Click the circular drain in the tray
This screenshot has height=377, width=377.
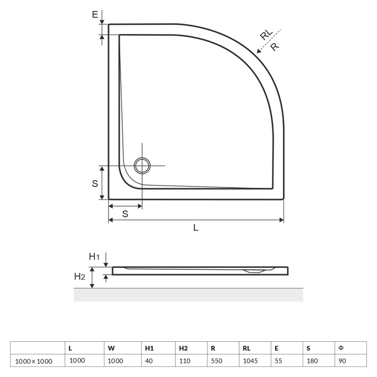(x=142, y=166)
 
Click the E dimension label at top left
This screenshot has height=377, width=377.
(x=95, y=15)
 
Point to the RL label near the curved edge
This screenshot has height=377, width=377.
(x=266, y=34)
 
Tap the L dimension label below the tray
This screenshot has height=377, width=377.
(x=196, y=227)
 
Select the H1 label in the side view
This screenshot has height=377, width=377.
(x=94, y=257)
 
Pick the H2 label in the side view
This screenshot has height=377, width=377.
(x=79, y=276)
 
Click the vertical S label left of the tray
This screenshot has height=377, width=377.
(x=95, y=183)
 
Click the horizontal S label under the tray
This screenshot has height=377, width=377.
(x=125, y=214)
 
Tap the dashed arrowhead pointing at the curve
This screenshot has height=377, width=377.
(x=259, y=50)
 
